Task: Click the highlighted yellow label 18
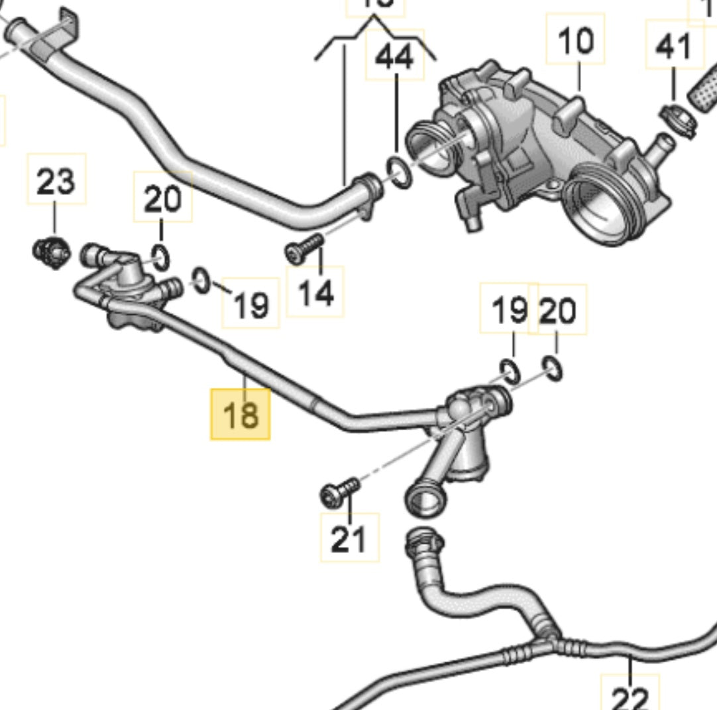point(240,414)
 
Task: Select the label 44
point(395,57)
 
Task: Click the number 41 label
point(674,46)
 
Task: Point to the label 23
point(56,181)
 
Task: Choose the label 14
point(315,292)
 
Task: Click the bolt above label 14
point(303,247)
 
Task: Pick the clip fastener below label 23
point(51,251)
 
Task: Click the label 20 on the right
point(558,311)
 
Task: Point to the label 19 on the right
point(510,310)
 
